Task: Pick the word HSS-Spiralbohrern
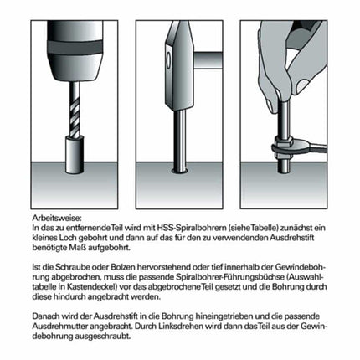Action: (x=183, y=228)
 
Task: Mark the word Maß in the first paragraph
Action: (x=105, y=246)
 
